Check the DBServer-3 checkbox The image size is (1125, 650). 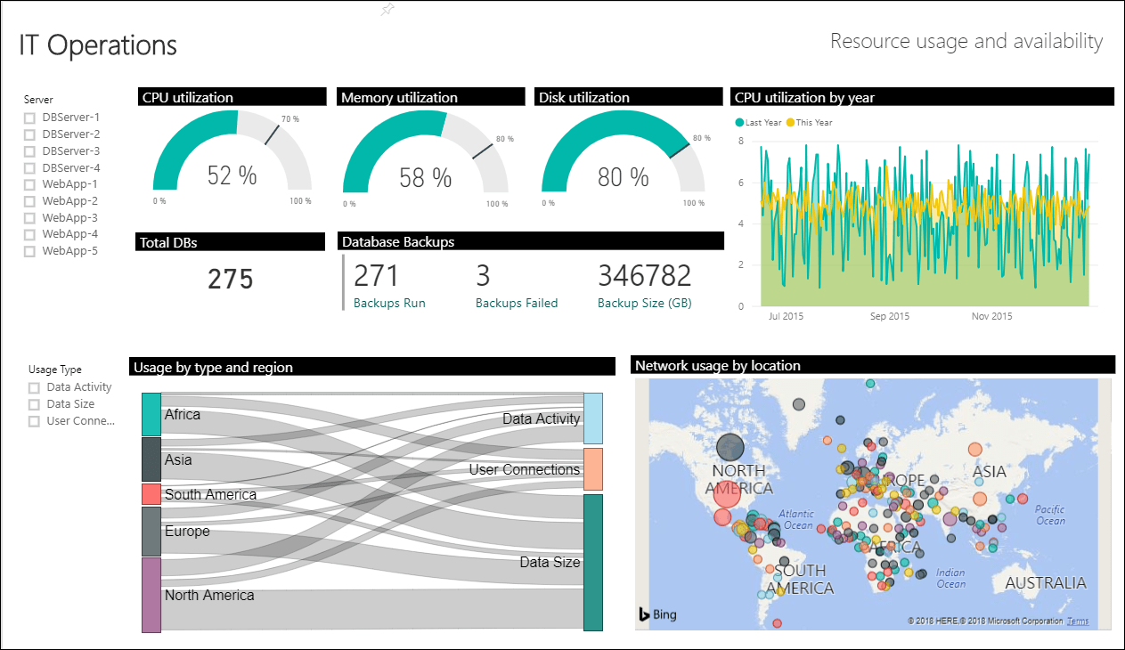(29, 151)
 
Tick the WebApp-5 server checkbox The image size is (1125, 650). (29, 251)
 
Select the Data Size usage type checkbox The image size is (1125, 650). (35, 404)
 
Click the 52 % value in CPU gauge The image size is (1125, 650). (232, 175)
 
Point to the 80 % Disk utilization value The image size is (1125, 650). (623, 177)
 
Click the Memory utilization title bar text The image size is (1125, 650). (399, 98)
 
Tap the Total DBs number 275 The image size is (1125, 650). (231, 280)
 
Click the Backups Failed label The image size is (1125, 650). (516, 303)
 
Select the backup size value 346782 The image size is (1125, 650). (644, 275)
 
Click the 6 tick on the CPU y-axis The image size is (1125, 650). (740, 183)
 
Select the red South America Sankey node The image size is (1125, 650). (151, 494)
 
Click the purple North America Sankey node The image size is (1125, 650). (151, 595)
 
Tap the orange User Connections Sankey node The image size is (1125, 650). (592, 469)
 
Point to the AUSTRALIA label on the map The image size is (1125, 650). (1045, 583)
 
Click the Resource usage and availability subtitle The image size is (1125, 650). (966, 41)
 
